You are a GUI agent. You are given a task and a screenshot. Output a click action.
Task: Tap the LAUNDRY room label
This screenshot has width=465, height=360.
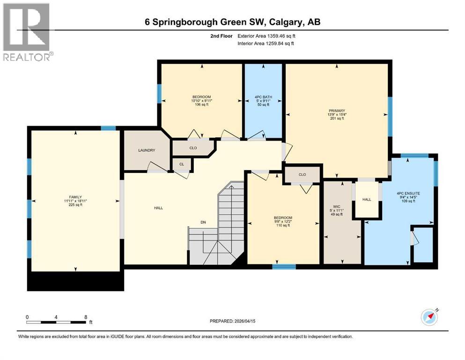(146, 150)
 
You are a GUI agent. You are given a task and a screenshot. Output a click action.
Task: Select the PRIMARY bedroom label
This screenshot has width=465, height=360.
(336, 111)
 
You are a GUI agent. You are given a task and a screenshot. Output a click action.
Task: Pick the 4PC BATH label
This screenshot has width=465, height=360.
(263, 97)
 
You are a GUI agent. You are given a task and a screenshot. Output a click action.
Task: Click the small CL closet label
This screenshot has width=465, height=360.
(181, 164)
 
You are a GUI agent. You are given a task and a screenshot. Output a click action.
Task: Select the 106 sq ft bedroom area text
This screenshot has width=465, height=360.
(202, 105)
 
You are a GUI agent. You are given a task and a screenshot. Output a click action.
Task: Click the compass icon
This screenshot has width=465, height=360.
(429, 317)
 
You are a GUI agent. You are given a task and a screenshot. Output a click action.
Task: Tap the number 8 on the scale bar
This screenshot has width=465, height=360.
(85, 317)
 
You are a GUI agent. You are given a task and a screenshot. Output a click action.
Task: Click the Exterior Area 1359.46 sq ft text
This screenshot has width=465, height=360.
(266, 36)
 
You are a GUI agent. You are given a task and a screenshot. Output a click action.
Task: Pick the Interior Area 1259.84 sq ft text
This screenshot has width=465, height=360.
(266, 43)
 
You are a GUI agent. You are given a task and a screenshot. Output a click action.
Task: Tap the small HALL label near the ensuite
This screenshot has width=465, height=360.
(367, 199)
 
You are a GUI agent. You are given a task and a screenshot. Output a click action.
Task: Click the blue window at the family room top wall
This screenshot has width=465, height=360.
(108, 128)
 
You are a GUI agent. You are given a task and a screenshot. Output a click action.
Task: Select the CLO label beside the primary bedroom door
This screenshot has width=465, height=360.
(302, 174)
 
